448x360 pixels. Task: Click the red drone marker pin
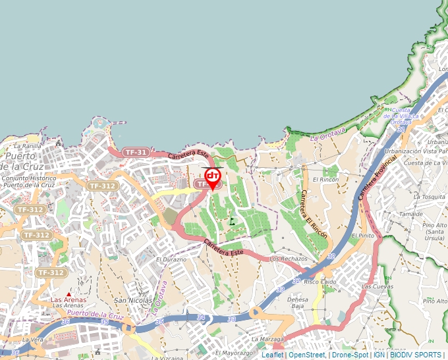213,177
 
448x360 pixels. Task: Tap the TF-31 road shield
136,152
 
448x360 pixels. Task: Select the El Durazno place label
171,260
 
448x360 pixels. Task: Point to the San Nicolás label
129,300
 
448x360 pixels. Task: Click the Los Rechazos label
289,259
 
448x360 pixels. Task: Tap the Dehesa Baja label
298,302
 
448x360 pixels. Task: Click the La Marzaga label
267,340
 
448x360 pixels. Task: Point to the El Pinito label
363,235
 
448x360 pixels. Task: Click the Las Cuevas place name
377,287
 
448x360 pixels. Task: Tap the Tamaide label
410,214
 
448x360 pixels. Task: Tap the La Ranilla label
27,145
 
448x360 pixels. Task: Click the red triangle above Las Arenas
69,294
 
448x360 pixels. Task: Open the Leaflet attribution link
272,355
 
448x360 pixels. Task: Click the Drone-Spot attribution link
350,355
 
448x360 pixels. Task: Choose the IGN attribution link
379,355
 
